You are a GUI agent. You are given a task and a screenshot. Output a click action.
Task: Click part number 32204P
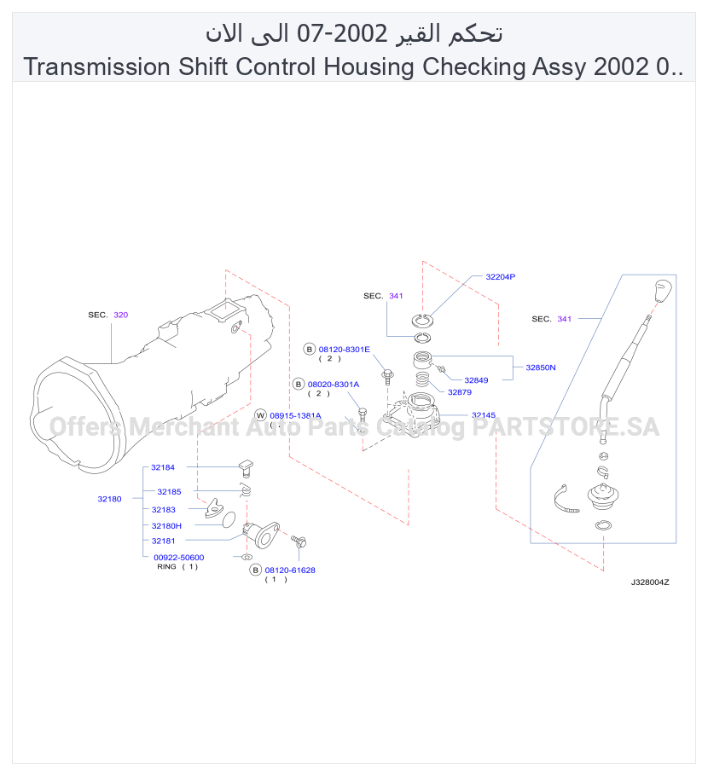(500, 276)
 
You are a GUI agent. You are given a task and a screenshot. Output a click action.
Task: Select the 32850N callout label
(541, 368)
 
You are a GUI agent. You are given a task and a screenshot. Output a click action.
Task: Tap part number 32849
(476, 380)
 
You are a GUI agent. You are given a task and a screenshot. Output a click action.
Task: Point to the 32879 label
(460, 392)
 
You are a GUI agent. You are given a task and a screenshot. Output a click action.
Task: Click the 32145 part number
(483, 414)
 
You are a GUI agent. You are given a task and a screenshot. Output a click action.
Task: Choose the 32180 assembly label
(109, 499)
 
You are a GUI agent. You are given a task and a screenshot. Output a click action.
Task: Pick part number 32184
(163, 467)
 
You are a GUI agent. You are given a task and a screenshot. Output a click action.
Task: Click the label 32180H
(166, 525)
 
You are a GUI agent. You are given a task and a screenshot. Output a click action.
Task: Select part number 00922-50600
(179, 557)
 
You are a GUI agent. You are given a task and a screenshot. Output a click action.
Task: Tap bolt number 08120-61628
(290, 570)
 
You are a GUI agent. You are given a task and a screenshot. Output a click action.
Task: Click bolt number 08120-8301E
(344, 350)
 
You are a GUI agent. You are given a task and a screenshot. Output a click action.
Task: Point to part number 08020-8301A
(334, 384)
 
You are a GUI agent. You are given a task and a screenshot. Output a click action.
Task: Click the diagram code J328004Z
(650, 582)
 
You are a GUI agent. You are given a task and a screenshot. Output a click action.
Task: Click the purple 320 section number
(121, 315)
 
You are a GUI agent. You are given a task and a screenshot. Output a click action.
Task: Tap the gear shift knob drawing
(662, 292)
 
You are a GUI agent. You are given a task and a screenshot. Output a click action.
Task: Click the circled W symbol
(260, 415)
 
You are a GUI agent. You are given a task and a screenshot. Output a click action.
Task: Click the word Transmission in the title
(97, 67)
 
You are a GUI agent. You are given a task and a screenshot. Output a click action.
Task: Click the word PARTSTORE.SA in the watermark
(566, 427)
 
